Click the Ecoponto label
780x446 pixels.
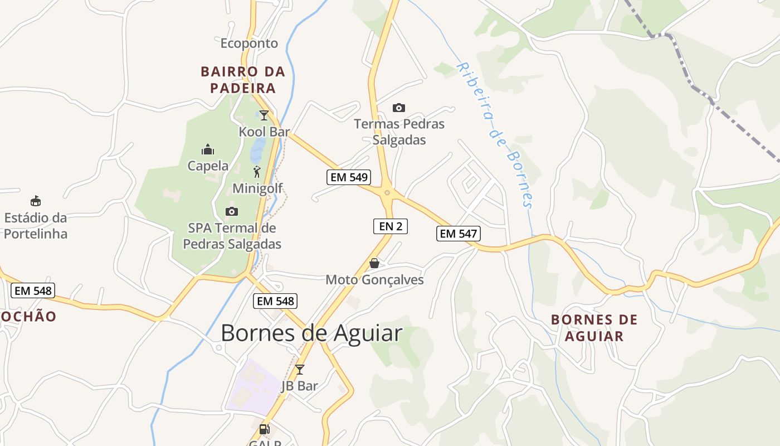click(x=249, y=43)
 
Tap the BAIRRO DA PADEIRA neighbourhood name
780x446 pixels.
click(x=242, y=80)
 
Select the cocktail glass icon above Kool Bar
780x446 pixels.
click(x=264, y=115)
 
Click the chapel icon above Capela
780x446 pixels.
click(x=208, y=149)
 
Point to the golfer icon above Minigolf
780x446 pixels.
click(x=257, y=172)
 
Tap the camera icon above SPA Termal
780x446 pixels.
click(x=231, y=211)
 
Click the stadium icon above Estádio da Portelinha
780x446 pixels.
click(x=36, y=201)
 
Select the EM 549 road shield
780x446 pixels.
click(x=348, y=177)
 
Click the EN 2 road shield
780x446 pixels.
click(x=391, y=226)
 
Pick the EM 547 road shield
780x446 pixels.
click(x=458, y=234)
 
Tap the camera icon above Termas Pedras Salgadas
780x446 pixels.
click(x=399, y=108)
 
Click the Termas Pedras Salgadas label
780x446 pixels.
click(x=399, y=132)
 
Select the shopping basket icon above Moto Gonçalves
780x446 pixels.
click(x=374, y=263)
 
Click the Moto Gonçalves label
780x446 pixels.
click(x=374, y=280)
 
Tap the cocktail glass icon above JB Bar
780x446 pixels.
click(x=300, y=369)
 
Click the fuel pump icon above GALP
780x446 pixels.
click(x=265, y=429)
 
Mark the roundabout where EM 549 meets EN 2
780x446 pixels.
click(x=387, y=193)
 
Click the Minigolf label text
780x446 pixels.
click(x=257, y=188)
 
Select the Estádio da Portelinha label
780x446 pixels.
click(x=36, y=225)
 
